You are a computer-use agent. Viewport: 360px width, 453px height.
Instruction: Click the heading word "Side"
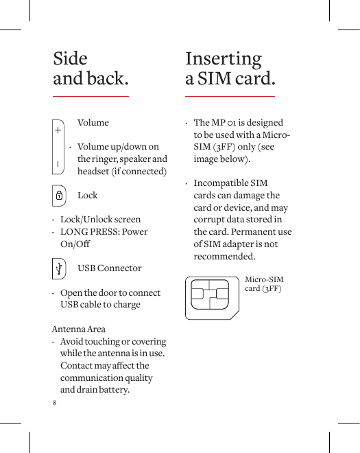coord(70,58)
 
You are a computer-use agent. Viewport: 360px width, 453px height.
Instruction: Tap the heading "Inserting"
coord(224,58)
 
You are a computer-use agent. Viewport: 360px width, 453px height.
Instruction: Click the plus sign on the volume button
coord(58,129)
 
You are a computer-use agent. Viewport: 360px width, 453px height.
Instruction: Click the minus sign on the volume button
coord(58,163)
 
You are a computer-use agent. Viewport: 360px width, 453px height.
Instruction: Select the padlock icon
coord(59,196)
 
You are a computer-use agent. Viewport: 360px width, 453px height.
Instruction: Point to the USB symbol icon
coord(60,268)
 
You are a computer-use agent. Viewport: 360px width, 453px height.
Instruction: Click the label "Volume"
coord(93,123)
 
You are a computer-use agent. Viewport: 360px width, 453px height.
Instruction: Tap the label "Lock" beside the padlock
coord(88,196)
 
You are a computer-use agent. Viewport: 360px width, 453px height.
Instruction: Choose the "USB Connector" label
coord(110,268)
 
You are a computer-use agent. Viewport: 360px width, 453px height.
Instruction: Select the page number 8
coord(55,402)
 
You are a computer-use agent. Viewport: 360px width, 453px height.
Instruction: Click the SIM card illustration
coord(212,297)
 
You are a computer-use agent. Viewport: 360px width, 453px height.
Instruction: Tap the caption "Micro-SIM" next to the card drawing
coord(264,280)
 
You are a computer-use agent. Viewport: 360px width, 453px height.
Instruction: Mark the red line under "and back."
coord(91,96)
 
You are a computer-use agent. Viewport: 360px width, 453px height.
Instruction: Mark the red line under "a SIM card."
coord(230,96)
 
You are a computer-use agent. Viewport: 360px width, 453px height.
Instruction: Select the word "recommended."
coord(226,257)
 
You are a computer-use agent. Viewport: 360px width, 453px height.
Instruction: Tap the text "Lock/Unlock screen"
coord(100,220)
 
